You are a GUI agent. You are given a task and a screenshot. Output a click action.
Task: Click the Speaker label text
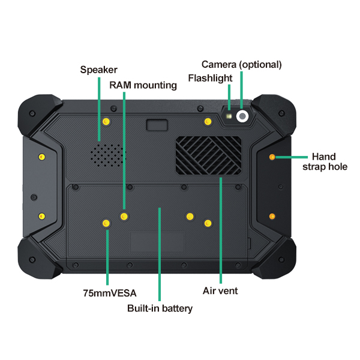pos(99,70)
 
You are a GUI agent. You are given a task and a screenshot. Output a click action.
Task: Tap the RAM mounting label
pos(143,85)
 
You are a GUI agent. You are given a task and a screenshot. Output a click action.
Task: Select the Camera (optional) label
pos(241,64)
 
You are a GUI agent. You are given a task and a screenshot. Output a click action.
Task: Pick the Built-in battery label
pos(160,308)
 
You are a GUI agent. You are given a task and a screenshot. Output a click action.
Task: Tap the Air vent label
pos(221,291)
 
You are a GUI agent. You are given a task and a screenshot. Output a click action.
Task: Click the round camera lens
pos(242,116)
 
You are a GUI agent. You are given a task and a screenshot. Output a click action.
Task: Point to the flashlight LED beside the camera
pos(229,113)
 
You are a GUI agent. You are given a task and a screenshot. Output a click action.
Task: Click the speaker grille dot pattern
pos(107,154)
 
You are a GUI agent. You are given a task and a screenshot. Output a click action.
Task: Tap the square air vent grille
pos(208,156)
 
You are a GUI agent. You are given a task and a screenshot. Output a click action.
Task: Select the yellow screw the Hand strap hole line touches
pos(272,157)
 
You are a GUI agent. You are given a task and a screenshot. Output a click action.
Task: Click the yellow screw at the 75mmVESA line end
pos(106,224)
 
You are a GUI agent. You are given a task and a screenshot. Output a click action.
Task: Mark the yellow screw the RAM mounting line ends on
pos(124,216)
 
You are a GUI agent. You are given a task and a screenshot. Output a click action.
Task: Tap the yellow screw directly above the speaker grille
pos(106,122)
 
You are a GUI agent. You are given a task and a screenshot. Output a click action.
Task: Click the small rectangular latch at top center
pos(157,124)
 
